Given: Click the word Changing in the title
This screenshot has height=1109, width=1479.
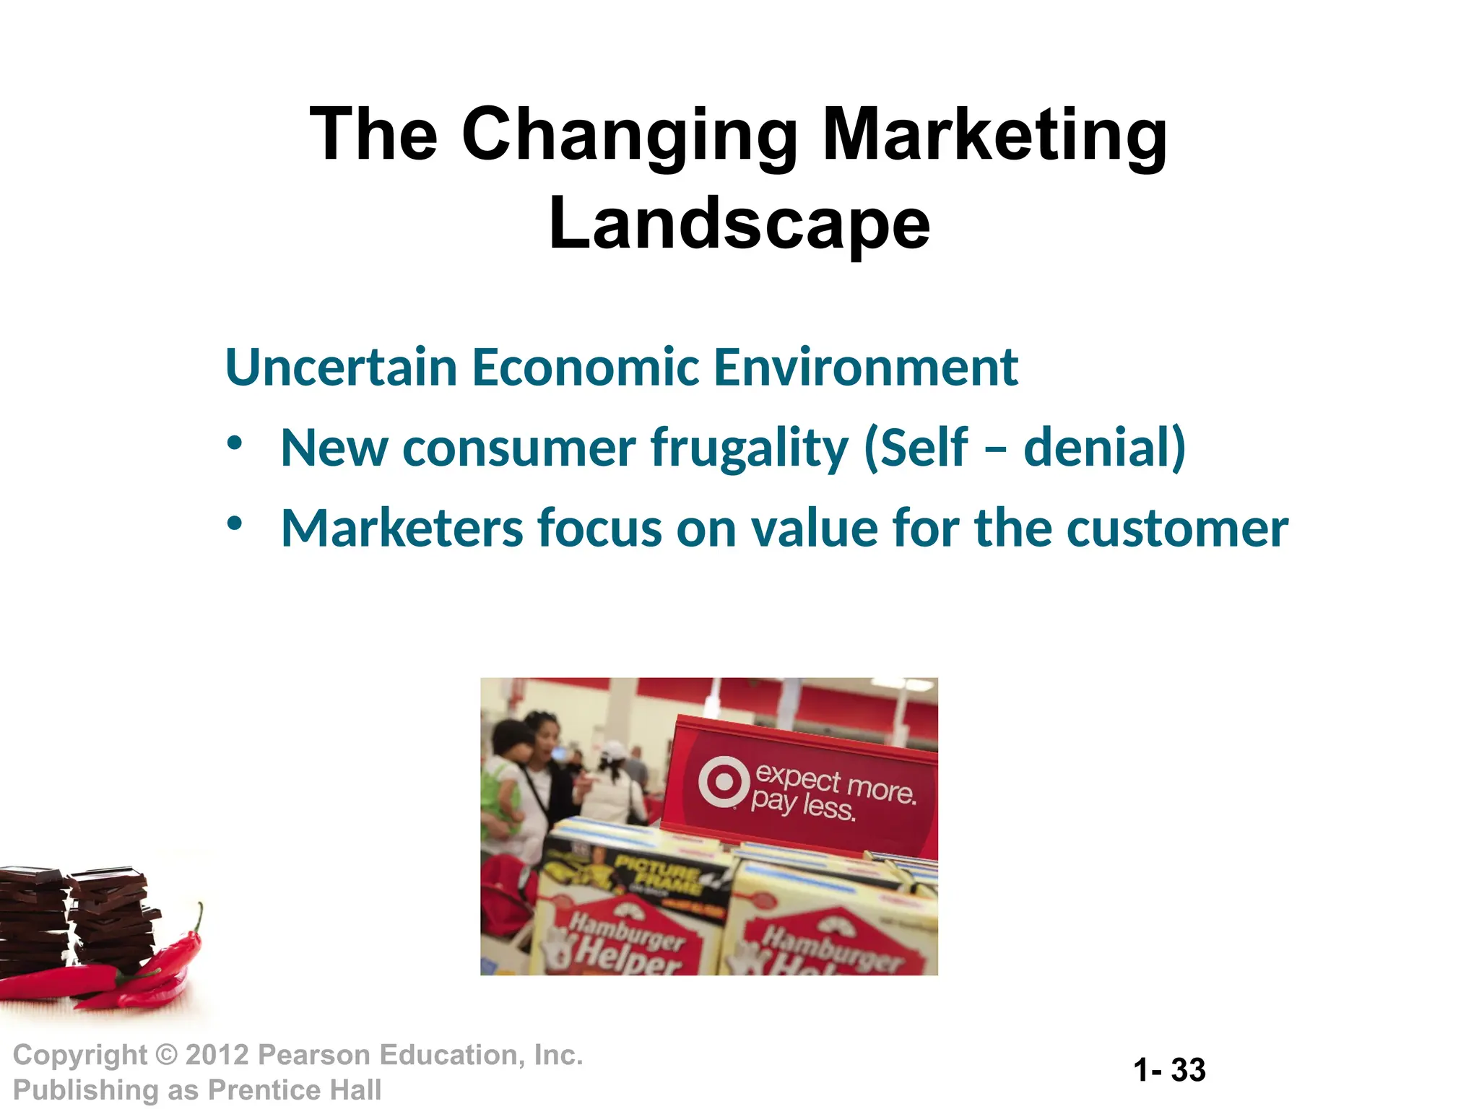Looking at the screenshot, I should [x=629, y=136].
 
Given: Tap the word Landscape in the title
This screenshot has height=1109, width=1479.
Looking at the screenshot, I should [x=739, y=224].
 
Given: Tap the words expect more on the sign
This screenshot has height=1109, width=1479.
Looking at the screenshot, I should [x=836, y=783].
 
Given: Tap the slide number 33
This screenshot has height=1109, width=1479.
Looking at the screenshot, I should [x=1188, y=1070].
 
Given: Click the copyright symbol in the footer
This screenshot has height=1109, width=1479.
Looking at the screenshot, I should [x=166, y=1055].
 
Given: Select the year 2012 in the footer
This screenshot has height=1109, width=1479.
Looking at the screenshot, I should [x=217, y=1055].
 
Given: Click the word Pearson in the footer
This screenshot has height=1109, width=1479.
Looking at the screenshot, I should [x=313, y=1055].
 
